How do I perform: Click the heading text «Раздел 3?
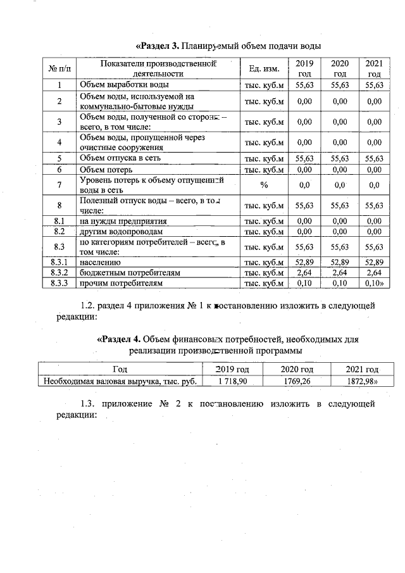158,47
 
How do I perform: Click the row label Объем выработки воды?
123,85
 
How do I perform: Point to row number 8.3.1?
59,261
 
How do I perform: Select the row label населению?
100,261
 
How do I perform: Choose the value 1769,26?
297,381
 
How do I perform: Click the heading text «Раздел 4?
118,339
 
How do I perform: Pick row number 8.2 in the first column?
59,232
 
